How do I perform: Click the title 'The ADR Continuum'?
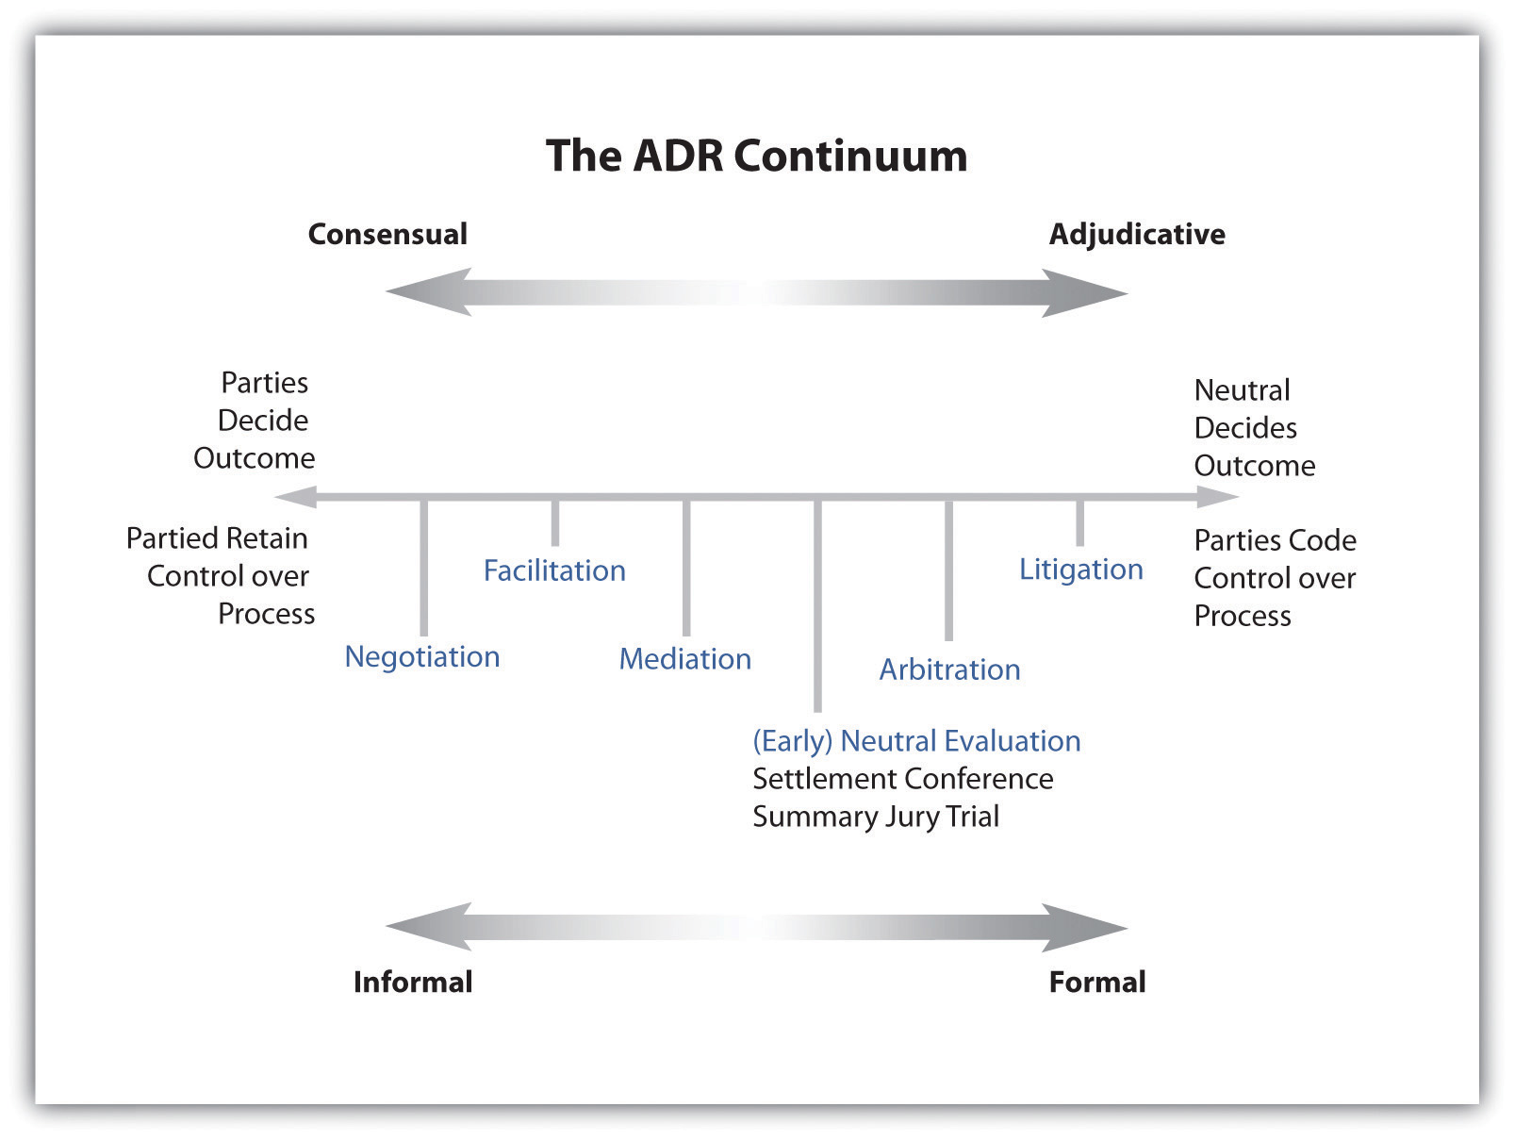(756, 156)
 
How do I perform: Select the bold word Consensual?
(387, 234)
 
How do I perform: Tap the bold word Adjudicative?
(1136, 234)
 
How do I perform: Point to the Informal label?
(413, 982)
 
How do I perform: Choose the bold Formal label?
(1097, 982)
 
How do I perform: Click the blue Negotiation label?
(421, 656)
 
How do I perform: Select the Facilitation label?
(554, 570)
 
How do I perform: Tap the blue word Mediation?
(684, 658)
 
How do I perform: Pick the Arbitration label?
(949, 669)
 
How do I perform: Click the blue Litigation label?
(1080, 569)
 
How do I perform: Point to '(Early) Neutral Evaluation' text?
(916, 741)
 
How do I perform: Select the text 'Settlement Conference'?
(902, 779)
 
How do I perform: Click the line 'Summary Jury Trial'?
(875, 817)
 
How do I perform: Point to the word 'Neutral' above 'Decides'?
(1242, 390)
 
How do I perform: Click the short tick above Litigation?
(1079, 522)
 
